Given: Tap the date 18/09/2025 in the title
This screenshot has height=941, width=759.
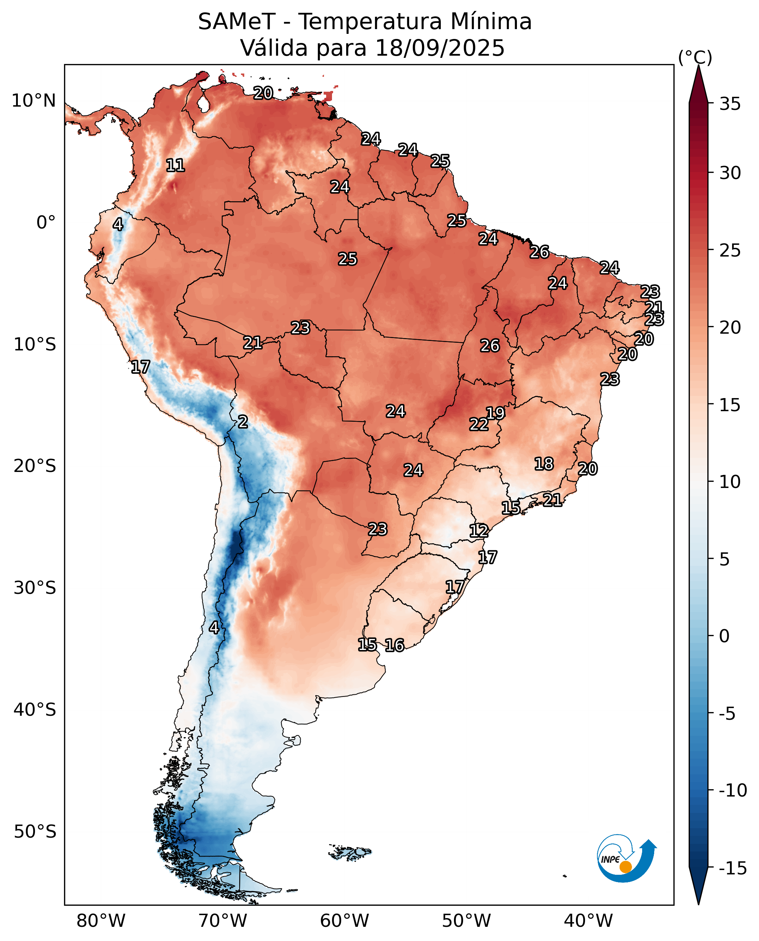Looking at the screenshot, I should (440, 48).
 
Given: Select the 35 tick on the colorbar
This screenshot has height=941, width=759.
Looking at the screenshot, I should (730, 104).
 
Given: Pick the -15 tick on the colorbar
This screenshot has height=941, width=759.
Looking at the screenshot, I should (733, 868).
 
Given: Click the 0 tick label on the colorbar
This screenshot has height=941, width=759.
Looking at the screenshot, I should (724, 636).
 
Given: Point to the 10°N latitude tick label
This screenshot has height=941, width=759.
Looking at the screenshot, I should (33, 101).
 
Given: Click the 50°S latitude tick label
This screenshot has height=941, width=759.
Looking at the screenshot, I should (35, 831).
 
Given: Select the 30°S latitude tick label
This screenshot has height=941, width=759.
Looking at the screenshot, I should (35, 588).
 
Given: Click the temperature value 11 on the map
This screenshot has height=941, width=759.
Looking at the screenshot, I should (175, 165).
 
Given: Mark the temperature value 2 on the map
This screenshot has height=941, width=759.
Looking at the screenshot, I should (243, 422).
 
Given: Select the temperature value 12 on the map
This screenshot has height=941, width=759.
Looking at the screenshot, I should (479, 531).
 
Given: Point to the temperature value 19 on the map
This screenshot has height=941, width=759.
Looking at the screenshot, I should (495, 413).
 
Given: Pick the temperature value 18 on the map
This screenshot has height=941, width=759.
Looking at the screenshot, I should (544, 464).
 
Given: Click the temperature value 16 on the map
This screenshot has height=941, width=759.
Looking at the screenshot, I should (394, 645).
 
